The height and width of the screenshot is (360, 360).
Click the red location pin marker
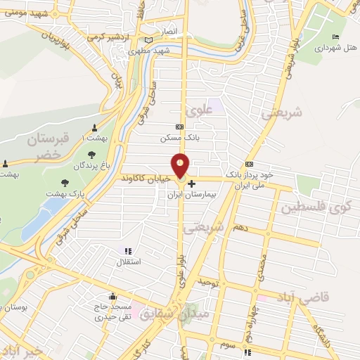181,165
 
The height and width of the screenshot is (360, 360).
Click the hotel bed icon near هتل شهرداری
335,37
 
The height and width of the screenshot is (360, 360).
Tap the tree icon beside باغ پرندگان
91,154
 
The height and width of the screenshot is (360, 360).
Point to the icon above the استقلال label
128,250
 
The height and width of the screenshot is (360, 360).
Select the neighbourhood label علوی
199,110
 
